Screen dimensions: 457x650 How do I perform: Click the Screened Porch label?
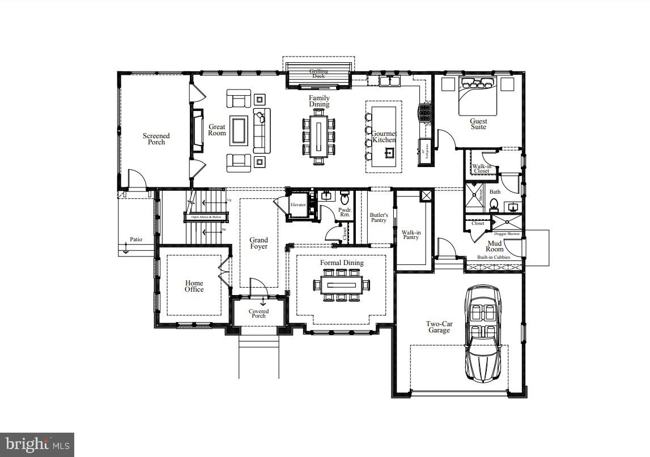156,139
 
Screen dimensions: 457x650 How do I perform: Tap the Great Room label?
217,130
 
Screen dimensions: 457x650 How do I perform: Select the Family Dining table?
318,136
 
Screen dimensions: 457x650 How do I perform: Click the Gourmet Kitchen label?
384,136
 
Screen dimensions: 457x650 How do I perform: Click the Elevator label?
298,205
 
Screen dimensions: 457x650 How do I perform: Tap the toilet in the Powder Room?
345,198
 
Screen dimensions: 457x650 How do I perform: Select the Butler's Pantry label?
379,217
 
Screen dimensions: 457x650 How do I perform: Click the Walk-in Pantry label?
411,235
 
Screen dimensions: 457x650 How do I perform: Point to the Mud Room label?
494,246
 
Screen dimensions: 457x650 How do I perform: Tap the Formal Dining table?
341,285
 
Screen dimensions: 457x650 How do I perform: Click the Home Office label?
194,286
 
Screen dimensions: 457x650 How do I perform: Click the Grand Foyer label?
258,243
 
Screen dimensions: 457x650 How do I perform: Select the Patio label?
136,240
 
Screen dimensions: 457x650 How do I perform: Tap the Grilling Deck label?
318,74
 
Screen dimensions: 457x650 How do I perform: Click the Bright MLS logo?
37,445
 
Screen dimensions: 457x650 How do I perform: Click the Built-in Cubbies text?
493,258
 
